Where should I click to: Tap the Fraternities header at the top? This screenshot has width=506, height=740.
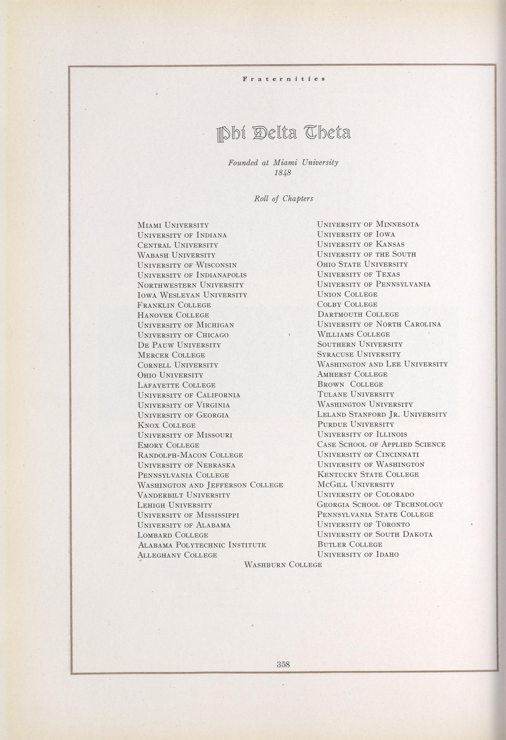tap(284, 79)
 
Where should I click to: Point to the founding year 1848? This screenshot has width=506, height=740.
tap(283, 173)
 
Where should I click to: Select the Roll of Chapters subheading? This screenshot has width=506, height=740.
tap(283, 199)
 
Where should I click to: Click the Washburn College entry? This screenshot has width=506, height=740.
tap(283, 565)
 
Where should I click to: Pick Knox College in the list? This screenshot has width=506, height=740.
tap(167, 425)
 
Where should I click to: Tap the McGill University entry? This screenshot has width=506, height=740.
tap(356, 485)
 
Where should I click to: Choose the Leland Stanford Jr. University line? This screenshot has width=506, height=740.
tap(382, 414)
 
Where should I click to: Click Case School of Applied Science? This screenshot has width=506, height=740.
tap(381, 444)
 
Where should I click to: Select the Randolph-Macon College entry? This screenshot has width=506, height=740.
tap(190, 455)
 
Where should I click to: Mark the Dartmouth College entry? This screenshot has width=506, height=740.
tap(358, 314)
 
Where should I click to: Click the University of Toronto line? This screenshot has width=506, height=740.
tap(363, 524)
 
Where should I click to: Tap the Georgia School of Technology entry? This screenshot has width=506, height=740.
tap(380, 504)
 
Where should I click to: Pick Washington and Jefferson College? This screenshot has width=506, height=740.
tap(210, 485)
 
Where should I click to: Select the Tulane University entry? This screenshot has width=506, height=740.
tap(356, 394)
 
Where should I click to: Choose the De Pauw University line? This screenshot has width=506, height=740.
tap(179, 345)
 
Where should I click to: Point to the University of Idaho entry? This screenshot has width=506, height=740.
tap(358, 554)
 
